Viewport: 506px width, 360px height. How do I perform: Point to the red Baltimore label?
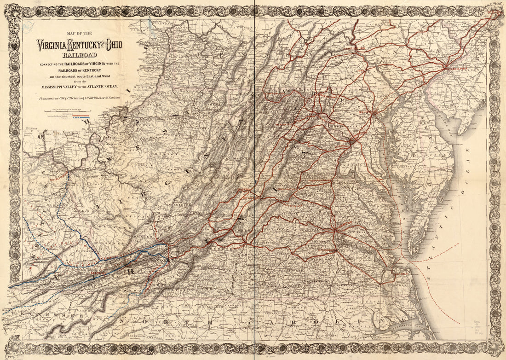(x=368, y=111)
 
